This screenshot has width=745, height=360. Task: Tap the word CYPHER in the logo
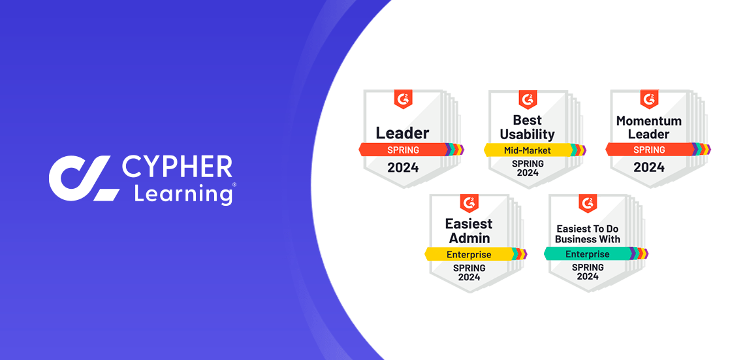(177, 167)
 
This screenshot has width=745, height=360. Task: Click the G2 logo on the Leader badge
(403, 99)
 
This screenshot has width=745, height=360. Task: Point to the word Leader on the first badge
(402, 133)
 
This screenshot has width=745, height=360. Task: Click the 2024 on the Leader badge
(403, 167)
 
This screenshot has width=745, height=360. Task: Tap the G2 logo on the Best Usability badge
(527, 99)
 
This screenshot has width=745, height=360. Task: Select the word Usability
(527, 134)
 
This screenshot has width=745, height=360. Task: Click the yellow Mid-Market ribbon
(527, 150)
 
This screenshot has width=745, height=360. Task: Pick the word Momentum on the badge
(648, 121)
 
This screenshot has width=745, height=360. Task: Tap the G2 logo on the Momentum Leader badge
(649, 99)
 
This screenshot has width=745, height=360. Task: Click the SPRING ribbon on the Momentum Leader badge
(648, 150)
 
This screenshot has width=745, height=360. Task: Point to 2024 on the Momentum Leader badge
(649, 167)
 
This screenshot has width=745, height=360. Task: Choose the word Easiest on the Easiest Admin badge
(469, 223)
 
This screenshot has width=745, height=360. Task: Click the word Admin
(469, 238)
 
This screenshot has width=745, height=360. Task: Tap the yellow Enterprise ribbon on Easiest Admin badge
(469, 254)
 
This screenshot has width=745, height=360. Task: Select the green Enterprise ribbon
(587, 254)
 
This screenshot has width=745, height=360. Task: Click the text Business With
(587, 239)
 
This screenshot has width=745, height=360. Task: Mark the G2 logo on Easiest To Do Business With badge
(588, 203)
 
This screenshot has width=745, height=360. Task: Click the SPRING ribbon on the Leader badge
(402, 150)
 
